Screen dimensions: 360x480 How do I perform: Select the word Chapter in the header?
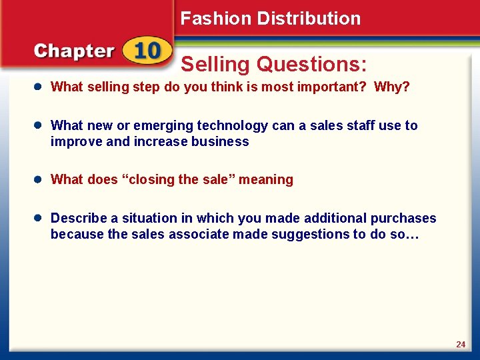click(x=74, y=52)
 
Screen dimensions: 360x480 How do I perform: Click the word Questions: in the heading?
click(x=312, y=65)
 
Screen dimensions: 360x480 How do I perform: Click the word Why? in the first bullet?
click(x=392, y=87)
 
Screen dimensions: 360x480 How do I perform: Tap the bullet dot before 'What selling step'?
click(x=40, y=87)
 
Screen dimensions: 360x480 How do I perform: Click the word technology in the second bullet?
click(x=229, y=125)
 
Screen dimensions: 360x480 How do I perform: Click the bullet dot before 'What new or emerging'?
click(x=40, y=125)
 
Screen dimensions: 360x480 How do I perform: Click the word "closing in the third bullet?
click(x=146, y=179)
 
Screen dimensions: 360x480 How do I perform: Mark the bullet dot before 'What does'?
click(x=40, y=179)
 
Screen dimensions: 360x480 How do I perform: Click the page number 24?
click(x=461, y=344)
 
